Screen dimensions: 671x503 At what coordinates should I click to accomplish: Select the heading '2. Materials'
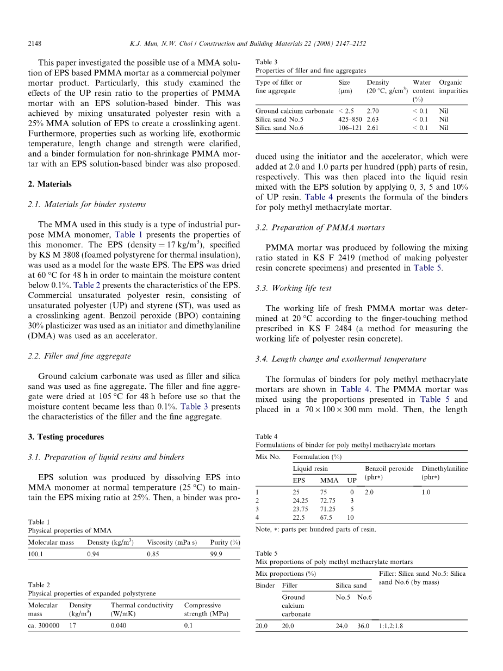tap(49, 184)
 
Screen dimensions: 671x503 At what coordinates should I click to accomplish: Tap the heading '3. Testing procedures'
tap(66, 437)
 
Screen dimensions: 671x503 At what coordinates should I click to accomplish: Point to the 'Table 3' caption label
tap(266, 62)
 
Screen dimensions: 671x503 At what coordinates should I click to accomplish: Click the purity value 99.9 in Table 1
tap(216, 554)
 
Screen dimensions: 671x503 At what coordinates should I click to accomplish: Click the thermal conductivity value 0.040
tap(119, 626)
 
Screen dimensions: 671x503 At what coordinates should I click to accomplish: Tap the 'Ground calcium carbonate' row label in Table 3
tap(294, 111)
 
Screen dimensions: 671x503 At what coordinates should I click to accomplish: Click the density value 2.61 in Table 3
tap(373, 128)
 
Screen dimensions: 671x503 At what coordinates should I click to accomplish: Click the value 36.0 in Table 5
tap(363, 626)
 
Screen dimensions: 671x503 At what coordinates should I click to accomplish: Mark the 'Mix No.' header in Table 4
tap(268, 457)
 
